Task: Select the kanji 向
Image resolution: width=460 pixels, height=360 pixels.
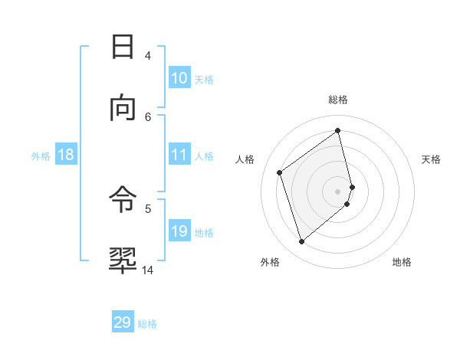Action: (x=123, y=107)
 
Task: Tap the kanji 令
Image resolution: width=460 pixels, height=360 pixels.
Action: (x=123, y=201)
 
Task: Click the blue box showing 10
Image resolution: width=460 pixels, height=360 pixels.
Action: (x=179, y=78)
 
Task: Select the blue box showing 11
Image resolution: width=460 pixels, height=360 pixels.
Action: (x=179, y=155)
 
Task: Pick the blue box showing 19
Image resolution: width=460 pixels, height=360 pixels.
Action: (x=179, y=231)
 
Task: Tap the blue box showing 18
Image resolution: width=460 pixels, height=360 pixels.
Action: (x=66, y=155)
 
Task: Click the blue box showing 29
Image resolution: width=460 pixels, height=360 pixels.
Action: (x=123, y=322)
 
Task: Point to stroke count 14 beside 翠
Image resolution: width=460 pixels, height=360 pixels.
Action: (x=148, y=270)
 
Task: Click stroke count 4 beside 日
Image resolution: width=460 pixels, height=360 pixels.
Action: (x=148, y=55)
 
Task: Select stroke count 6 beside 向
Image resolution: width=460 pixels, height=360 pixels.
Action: (x=148, y=116)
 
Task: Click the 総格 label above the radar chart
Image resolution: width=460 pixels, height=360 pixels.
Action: (x=338, y=100)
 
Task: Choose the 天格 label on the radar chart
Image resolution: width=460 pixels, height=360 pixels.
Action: (x=432, y=159)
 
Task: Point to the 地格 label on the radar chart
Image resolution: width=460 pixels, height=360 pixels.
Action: (x=402, y=262)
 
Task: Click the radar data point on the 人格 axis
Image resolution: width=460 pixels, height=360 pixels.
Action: (x=280, y=172)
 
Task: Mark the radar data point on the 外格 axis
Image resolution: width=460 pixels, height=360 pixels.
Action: (x=302, y=242)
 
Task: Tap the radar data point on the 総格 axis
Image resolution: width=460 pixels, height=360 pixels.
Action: (x=338, y=131)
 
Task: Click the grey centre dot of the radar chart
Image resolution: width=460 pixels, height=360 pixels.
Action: (x=338, y=190)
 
